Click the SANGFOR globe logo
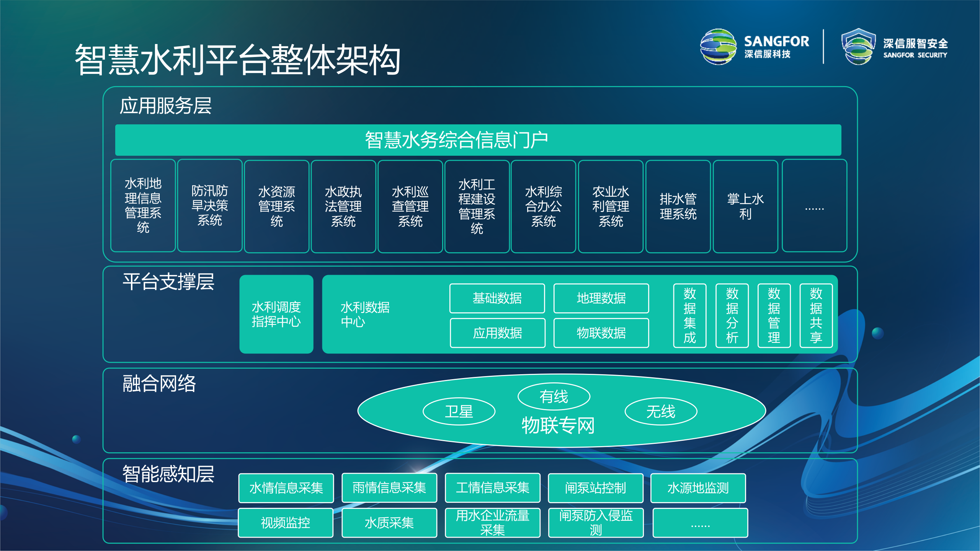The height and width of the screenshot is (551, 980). (x=718, y=47)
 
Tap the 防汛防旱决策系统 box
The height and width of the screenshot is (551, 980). (x=210, y=206)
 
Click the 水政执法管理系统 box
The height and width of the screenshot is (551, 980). (x=343, y=207)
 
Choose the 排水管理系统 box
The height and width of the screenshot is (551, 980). (x=678, y=207)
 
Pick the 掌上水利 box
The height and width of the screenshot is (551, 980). (x=745, y=207)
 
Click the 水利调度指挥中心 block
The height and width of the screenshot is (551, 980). (x=276, y=314)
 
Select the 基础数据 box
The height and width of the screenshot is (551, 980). (x=497, y=298)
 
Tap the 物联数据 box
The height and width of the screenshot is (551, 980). (x=601, y=333)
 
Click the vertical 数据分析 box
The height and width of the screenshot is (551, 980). (x=732, y=316)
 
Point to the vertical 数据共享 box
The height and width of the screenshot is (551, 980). (x=816, y=316)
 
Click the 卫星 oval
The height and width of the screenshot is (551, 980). (x=459, y=412)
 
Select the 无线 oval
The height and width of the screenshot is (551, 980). (x=661, y=412)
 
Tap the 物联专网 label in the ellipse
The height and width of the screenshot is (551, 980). (x=558, y=425)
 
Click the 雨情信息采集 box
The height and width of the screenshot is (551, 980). (x=389, y=488)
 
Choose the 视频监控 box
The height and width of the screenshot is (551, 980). (x=286, y=523)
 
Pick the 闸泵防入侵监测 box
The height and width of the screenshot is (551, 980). (x=596, y=523)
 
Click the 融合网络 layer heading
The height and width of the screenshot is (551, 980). (x=159, y=383)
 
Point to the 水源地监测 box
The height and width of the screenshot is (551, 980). (x=698, y=488)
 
